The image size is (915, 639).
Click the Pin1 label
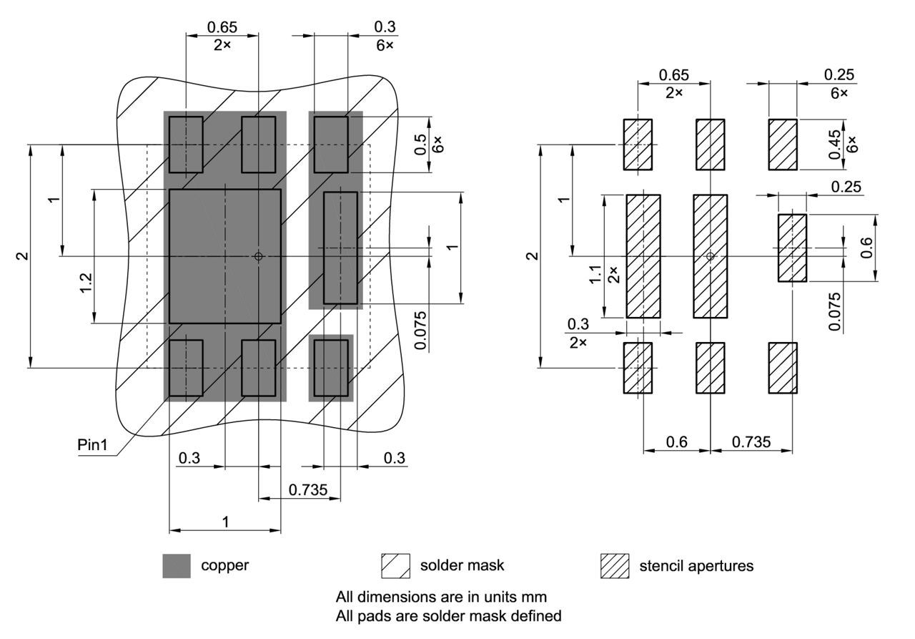(x=92, y=444)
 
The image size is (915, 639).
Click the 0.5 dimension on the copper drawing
(x=421, y=145)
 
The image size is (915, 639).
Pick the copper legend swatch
(x=177, y=565)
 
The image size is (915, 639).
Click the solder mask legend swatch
(x=395, y=565)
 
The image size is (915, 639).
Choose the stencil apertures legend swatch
(x=614, y=565)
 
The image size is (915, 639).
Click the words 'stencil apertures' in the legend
(x=696, y=565)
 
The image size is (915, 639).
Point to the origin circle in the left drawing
(x=259, y=256)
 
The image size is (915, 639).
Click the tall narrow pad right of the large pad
(x=340, y=248)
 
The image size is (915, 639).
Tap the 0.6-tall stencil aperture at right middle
(x=792, y=248)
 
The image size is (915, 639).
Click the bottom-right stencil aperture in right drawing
(x=783, y=368)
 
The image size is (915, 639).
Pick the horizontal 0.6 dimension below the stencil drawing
(x=676, y=442)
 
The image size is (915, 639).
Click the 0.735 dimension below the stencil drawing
(x=751, y=442)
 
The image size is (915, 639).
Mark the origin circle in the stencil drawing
(x=710, y=256)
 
